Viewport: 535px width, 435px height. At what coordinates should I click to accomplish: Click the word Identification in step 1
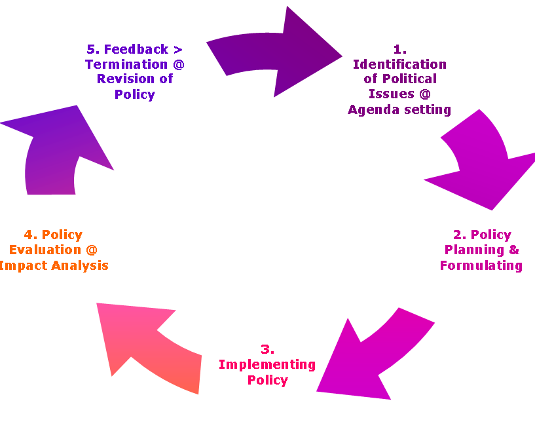tap(399, 64)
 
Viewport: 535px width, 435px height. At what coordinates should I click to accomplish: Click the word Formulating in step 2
tap(481, 265)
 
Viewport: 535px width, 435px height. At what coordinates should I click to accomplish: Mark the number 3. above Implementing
tap(267, 349)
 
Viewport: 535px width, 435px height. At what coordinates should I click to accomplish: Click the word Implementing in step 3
tap(267, 364)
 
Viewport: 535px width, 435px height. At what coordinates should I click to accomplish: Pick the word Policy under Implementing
tap(267, 380)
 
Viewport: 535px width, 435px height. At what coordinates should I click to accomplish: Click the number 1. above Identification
tap(399, 49)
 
